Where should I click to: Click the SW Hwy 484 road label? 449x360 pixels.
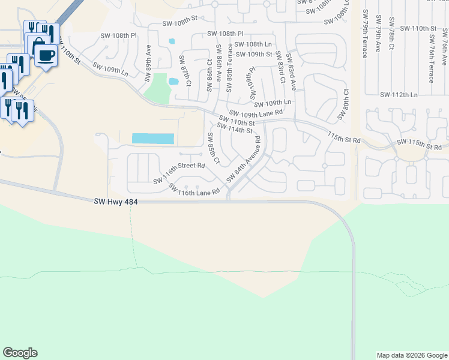(x=116, y=202)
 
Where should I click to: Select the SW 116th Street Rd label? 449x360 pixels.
(x=178, y=173)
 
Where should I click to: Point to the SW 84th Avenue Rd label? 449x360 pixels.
(x=244, y=161)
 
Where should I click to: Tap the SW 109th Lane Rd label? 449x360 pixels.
(x=256, y=113)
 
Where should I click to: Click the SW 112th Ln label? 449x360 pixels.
(x=399, y=94)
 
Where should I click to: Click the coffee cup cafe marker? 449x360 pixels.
(x=46, y=55)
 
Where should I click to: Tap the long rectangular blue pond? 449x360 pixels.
(x=153, y=139)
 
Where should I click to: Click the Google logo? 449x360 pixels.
(x=20, y=353)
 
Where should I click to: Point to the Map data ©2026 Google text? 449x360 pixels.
(x=411, y=355)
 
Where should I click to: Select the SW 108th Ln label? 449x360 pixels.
(x=253, y=44)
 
